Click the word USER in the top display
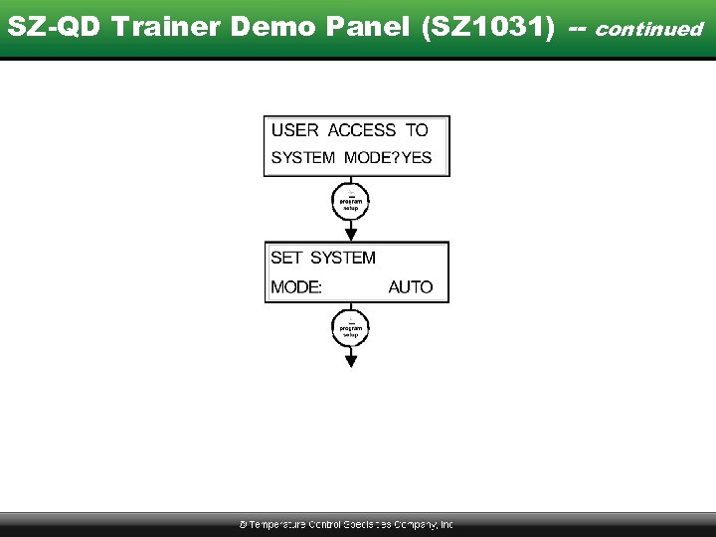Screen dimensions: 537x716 (295, 130)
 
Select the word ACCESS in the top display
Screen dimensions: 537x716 (361, 130)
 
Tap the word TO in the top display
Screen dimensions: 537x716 (417, 130)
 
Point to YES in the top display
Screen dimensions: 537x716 (417, 158)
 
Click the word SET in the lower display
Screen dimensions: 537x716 (286, 258)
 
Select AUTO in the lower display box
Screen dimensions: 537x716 (411, 287)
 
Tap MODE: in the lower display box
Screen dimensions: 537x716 (296, 287)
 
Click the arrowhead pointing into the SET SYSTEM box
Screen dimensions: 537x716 (350, 235)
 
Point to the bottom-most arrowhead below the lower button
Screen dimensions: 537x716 (350, 361)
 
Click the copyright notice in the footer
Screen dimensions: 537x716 (346, 524)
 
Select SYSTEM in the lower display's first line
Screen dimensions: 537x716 (343, 258)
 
